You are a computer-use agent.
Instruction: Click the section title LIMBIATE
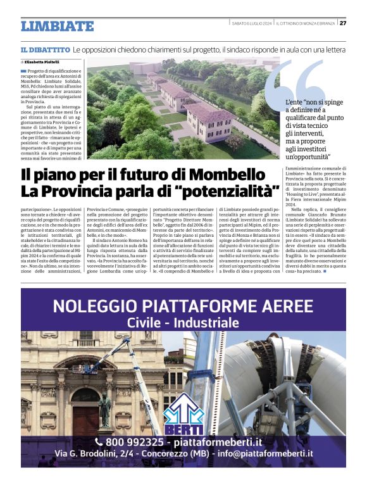point(57,27)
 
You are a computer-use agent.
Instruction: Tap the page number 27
point(343,23)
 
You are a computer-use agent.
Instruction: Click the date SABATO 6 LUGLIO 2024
point(251,23)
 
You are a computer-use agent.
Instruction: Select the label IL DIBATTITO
point(45,49)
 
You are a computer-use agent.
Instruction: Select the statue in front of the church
point(105,410)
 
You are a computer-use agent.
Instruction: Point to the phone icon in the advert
point(99,441)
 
